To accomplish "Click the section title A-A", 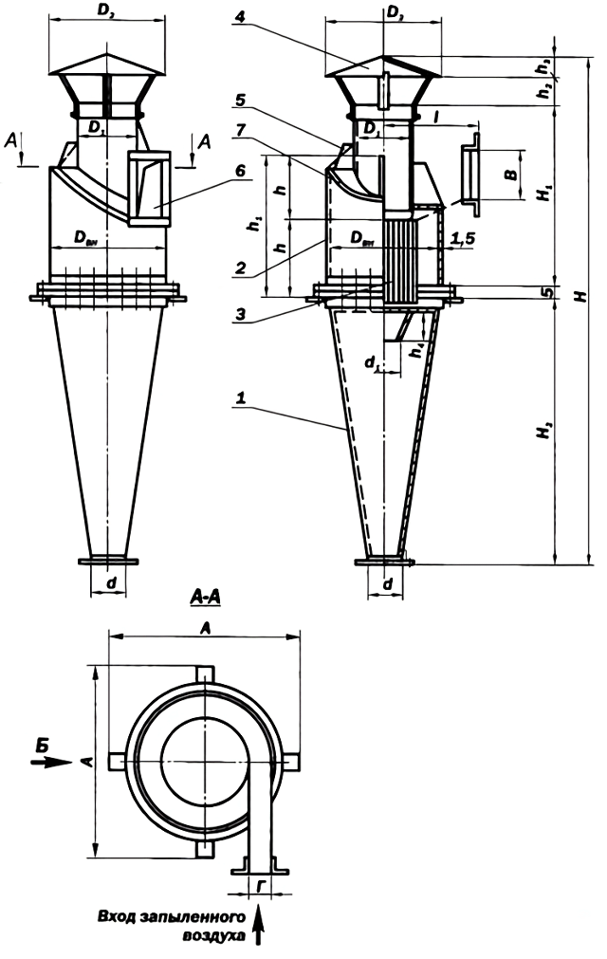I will point(207,597).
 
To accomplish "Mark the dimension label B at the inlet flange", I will point(509,175).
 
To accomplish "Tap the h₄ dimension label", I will point(418,350).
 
